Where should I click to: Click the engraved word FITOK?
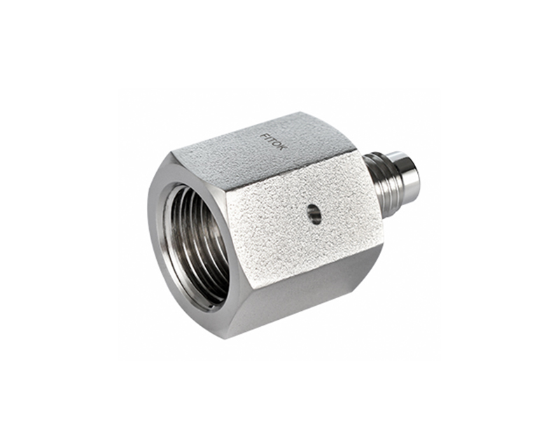272,143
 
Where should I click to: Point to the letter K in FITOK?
280,150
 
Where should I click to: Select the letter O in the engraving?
276,146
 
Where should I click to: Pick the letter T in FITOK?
271,141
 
